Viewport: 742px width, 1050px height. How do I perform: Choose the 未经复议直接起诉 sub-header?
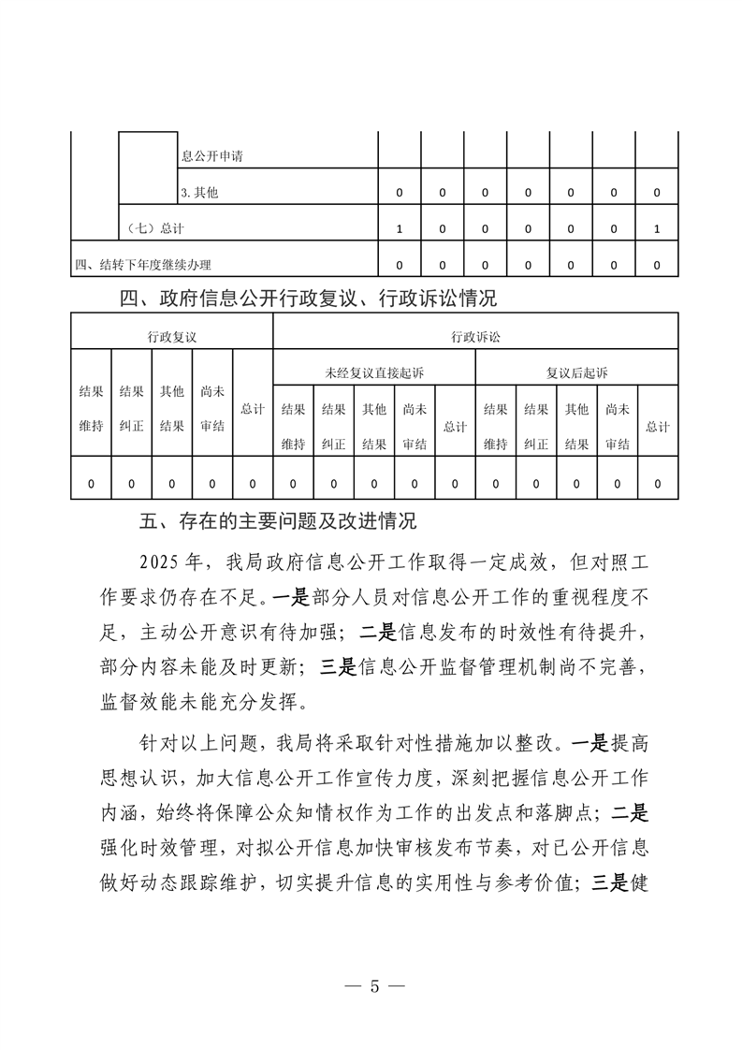[373, 372]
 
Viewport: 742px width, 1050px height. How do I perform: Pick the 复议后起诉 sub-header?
[576, 372]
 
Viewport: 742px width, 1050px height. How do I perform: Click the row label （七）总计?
[154, 228]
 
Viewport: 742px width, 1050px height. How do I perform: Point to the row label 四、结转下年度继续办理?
[143, 265]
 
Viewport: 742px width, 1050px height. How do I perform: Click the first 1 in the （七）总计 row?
[400, 228]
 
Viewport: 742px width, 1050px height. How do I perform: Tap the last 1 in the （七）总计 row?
[657, 228]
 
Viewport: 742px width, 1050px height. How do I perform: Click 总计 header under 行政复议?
[253, 409]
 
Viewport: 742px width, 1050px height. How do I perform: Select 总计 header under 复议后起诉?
[657, 427]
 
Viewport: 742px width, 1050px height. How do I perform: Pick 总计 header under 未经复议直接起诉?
[455, 427]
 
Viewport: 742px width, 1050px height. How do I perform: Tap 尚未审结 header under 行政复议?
[212, 409]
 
